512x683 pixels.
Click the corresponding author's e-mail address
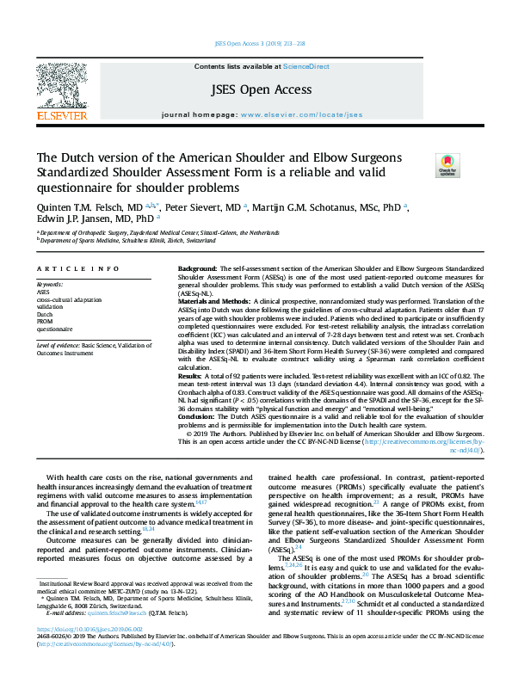pyautogui.click(x=120, y=637)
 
